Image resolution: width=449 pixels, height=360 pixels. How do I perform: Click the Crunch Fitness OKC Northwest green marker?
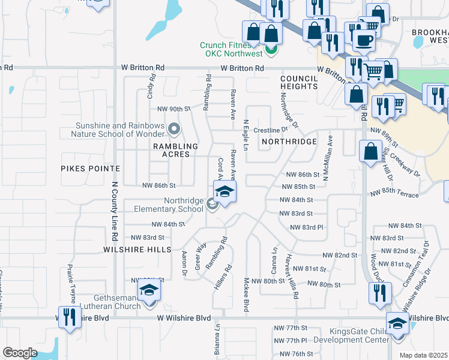(x=270, y=49)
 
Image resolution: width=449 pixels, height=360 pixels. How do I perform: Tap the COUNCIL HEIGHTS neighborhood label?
(x=298, y=82)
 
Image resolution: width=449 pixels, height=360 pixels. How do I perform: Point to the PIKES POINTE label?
(x=86, y=169)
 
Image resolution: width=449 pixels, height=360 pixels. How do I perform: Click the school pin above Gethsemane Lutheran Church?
(x=148, y=292)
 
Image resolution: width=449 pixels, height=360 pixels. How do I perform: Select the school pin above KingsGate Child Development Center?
(x=397, y=324)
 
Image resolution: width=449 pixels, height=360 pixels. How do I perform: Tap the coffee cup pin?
(x=363, y=40)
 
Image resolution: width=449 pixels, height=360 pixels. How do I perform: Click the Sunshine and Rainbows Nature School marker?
(x=174, y=128)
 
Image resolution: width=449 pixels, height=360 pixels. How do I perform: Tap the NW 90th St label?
(x=173, y=109)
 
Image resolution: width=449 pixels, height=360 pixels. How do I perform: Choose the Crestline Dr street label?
(x=267, y=130)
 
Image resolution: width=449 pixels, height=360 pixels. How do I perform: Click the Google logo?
(x=20, y=353)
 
